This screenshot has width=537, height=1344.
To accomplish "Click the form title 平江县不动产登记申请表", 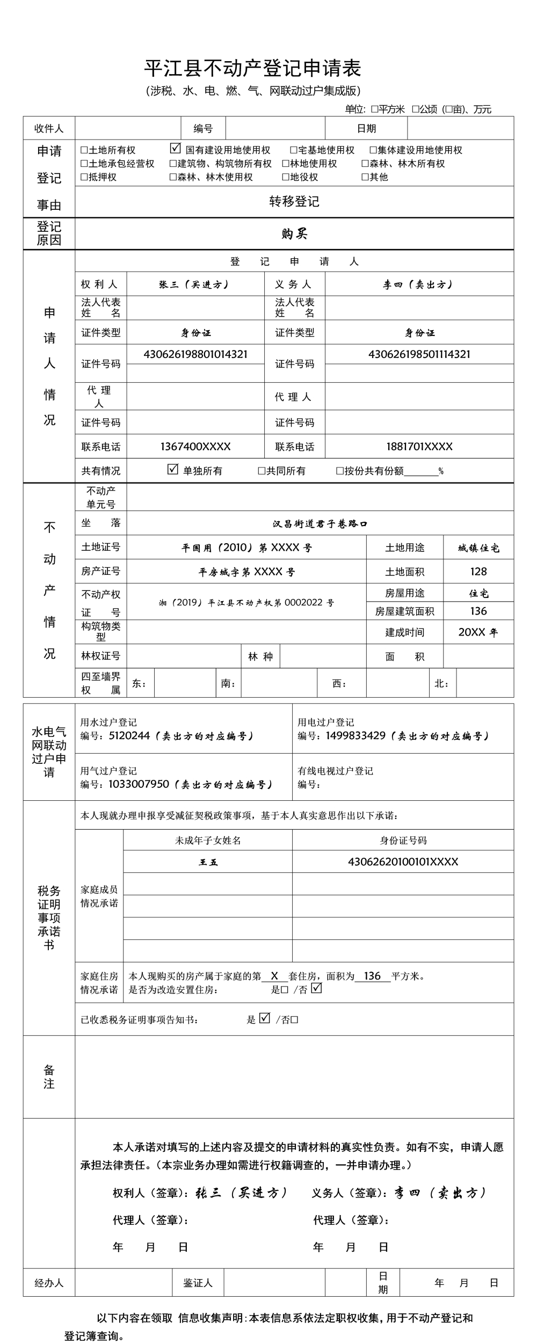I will [252, 68].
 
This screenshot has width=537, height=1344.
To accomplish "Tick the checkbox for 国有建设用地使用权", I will [175, 149].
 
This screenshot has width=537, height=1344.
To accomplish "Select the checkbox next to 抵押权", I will [84, 177].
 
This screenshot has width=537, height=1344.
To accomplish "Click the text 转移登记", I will [294, 201].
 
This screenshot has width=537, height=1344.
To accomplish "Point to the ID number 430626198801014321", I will [195, 354].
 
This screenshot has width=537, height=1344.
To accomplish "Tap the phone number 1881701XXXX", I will [419, 447].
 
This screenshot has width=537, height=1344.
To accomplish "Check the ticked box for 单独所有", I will [173, 469].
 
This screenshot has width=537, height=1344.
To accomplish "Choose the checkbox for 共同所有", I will [262, 471].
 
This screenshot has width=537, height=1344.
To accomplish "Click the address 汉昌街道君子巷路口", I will [320, 523].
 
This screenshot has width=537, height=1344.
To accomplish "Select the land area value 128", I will [478, 572].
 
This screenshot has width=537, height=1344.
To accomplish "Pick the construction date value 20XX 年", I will [478, 632].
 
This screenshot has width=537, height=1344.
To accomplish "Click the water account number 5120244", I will [129, 735].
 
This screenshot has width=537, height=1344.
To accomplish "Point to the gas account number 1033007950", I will [139, 784].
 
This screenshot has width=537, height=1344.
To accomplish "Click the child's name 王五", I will [208, 862].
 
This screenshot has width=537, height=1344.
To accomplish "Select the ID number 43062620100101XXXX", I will [403, 862].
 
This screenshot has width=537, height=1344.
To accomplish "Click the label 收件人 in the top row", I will [49, 128].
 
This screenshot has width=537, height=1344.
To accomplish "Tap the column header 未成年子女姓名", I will [208, 841].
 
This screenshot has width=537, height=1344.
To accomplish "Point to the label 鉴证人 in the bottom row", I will [198, 1283].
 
